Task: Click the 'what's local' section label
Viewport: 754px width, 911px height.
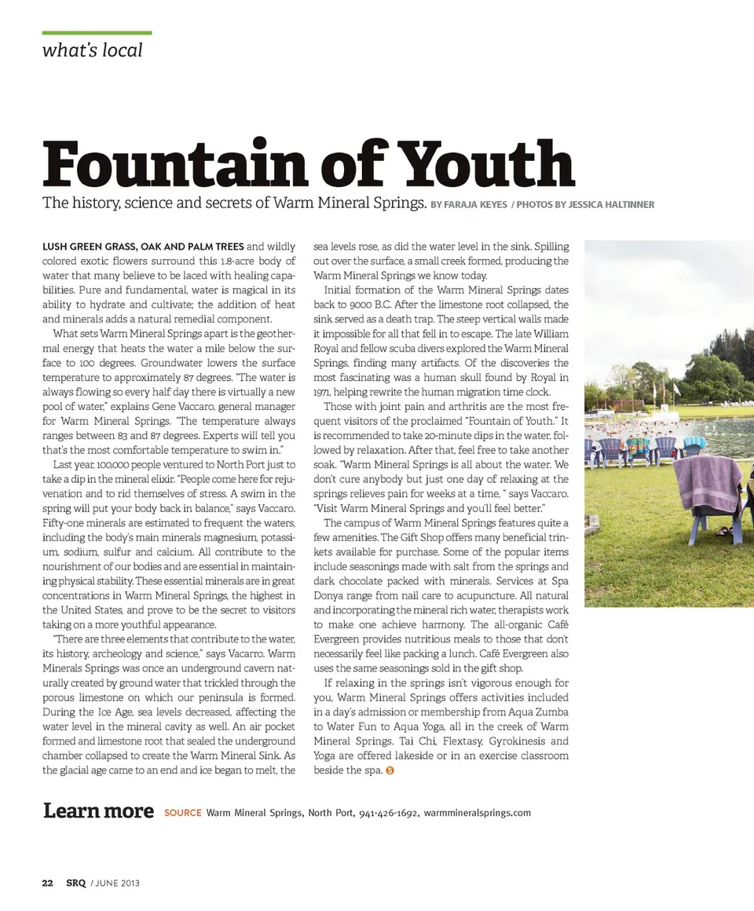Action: (x=92, y=50)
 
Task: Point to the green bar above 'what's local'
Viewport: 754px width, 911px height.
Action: (x=97, y=33)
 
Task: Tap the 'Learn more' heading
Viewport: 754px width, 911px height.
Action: (x=98, y=810)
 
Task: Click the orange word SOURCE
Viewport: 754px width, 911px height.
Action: (x=182, y=813)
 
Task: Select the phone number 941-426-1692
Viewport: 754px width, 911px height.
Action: (x=389, y=813)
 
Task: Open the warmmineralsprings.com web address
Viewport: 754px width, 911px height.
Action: (x=477, y=813)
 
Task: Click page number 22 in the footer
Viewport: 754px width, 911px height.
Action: (x=48, y=883)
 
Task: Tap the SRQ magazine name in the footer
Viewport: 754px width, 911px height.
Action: (x=75, y=883)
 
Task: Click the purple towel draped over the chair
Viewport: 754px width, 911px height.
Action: (x=707, y=481)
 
